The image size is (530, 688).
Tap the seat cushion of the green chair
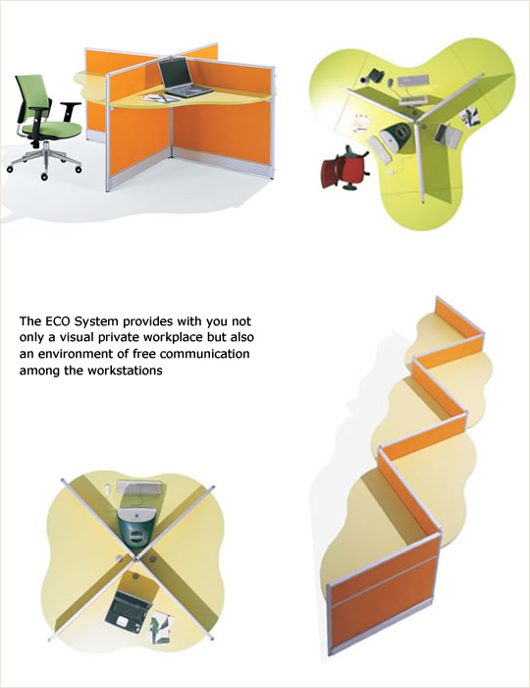point(52,130)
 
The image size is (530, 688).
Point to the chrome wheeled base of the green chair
point(44,161)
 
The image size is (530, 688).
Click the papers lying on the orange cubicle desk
point(159,98)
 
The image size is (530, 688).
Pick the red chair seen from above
point(344,169)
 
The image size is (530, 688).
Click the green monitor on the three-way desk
point(396,136)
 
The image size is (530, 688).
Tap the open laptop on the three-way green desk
point(448,136)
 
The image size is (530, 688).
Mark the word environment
point(76,354)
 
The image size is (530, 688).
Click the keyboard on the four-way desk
point(139,487)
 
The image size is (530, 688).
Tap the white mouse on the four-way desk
point(108,489)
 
